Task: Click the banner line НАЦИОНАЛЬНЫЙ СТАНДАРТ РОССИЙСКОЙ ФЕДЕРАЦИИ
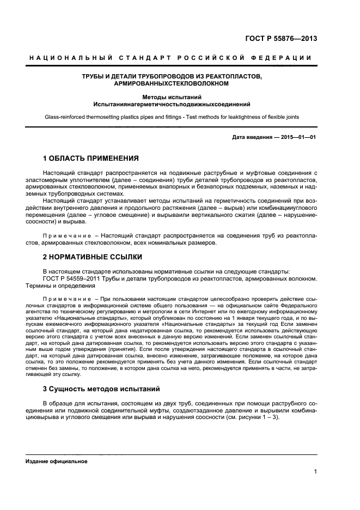170,58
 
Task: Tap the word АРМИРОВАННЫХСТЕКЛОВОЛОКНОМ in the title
171,85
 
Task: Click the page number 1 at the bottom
315,471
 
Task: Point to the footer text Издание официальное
57,461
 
